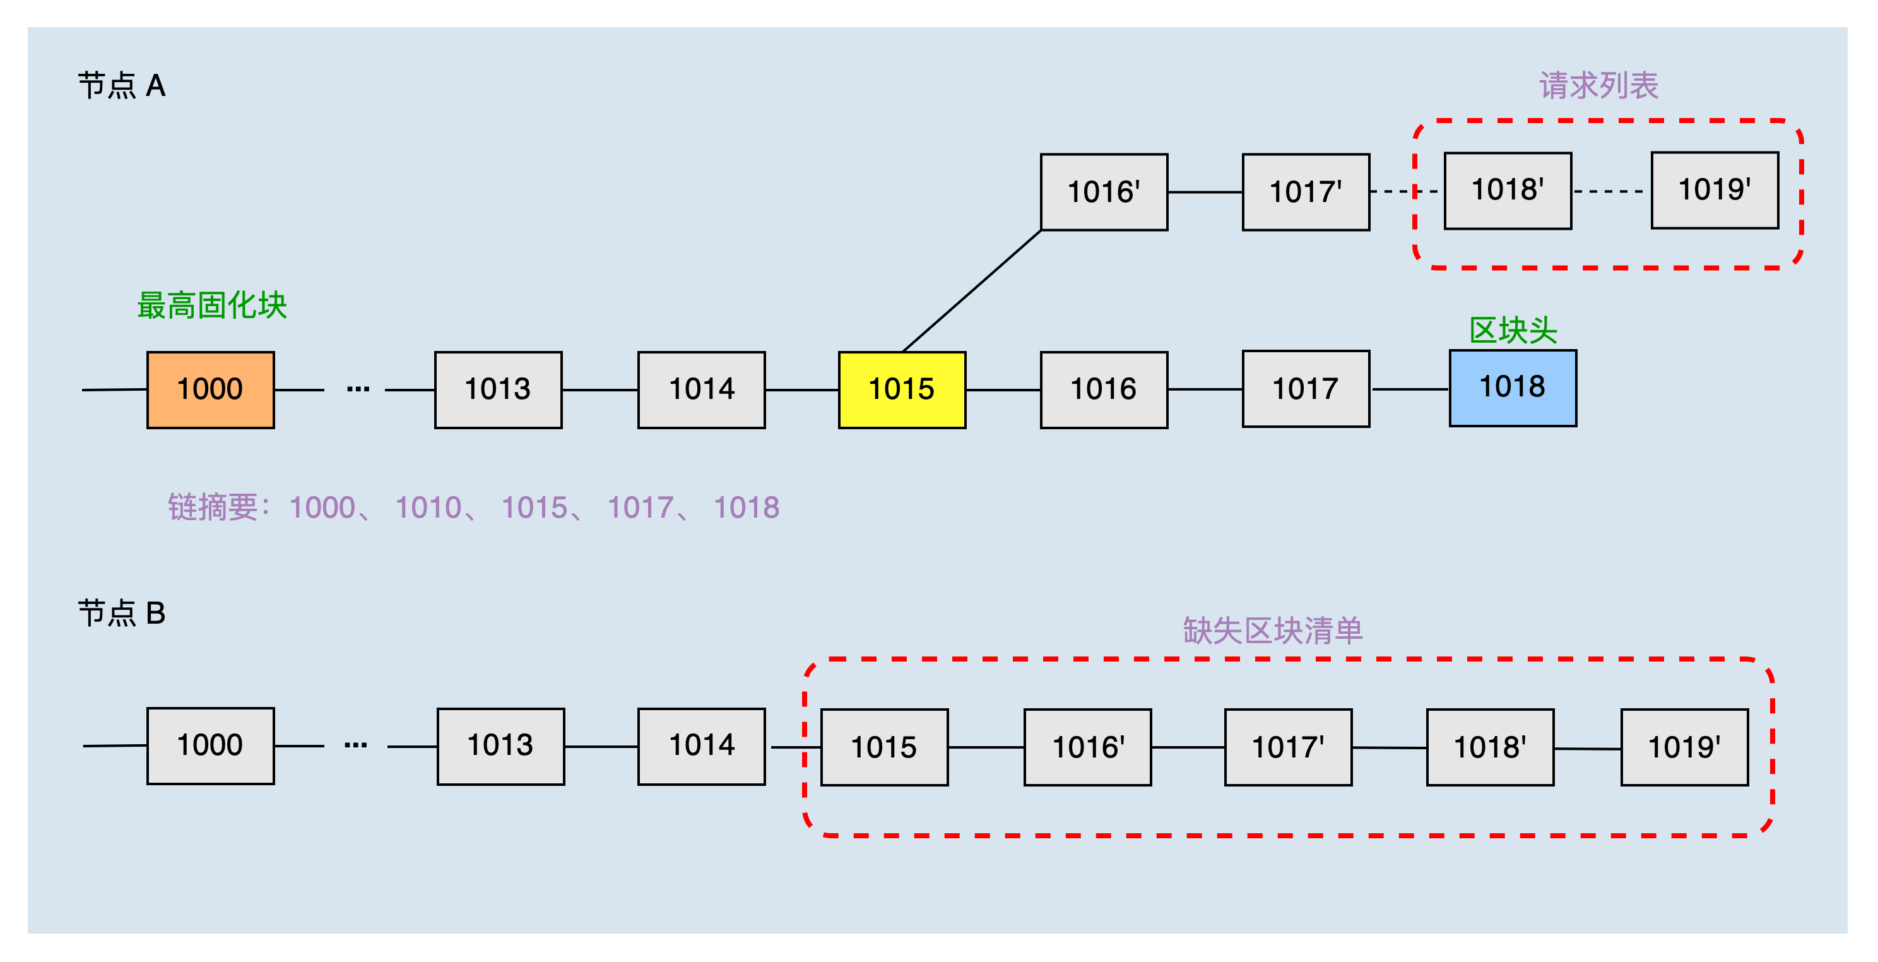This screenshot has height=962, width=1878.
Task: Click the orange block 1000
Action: tap(210, 389)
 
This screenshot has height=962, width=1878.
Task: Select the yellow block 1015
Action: tap(902, 389)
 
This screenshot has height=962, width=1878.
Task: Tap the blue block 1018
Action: tap(1513, 388)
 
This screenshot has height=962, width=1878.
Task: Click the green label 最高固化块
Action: tap(212, 306)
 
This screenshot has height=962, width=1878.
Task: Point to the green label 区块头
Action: tap(1513, 330)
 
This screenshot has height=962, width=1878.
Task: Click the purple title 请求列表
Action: tap(1598, 86)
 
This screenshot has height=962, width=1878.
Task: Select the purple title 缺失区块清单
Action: tap(1273, 631)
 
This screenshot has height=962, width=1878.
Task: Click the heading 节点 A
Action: tap(122, 86)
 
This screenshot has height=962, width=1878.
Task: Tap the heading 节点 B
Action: tap(122, 614)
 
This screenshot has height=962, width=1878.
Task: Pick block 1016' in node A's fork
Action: tap(1104, 192)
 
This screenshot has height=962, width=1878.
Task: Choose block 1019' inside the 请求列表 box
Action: tap(1715, 189)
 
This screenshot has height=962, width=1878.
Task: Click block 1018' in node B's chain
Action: tap(1490, 747)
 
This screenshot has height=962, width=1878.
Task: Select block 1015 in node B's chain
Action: tap(884, 747)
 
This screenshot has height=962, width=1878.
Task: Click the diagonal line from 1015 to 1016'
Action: tap(972, 291)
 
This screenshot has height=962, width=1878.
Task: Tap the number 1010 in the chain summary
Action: tap(428, 508)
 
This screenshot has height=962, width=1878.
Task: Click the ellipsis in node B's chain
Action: tap(356, 745)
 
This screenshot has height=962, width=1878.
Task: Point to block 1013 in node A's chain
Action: tap(498, 389)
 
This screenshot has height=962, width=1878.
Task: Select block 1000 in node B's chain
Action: tap(210, 745)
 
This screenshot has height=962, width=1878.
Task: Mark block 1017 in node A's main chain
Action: tap(1306, 389)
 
